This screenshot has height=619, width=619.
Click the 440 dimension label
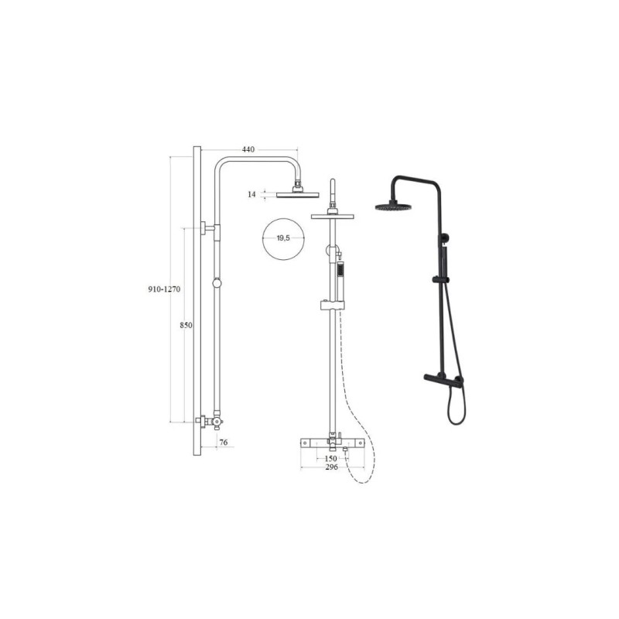[248, 149]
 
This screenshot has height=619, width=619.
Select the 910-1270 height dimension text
[164, 289]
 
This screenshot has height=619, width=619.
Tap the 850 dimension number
[186, 325]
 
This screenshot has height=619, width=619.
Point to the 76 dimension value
[224, 443]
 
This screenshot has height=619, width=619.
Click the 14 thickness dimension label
[252, 194]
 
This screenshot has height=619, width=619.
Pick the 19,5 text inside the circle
[283, 238]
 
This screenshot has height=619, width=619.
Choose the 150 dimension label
[331, 459]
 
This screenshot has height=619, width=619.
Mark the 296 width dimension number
[332, 467]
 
